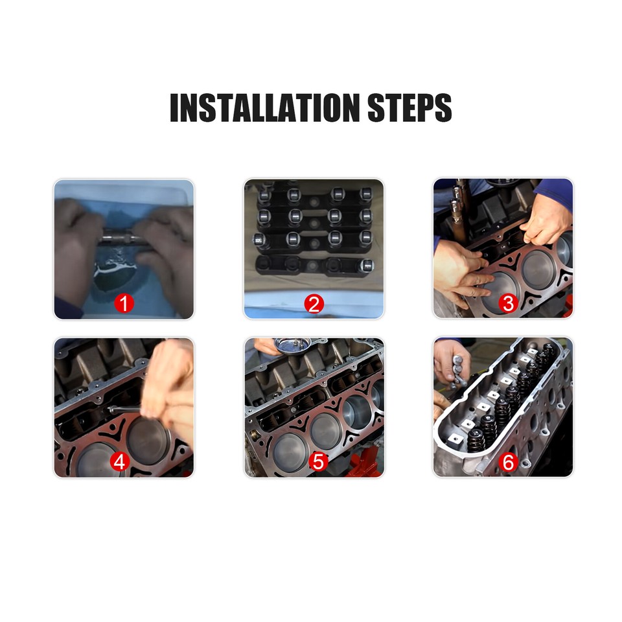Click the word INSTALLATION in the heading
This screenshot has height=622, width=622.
coord(265,108)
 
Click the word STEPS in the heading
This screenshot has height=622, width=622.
coord(409,108)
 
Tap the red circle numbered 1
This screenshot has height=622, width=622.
coord(124,303)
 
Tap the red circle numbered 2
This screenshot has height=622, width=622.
coord(314,303)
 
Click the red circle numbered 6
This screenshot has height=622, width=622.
coord(508,461)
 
